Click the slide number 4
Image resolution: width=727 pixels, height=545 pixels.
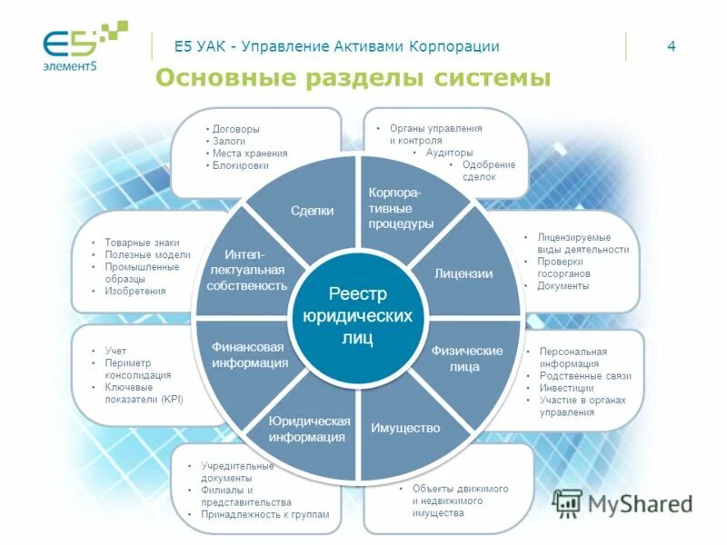pos(672,47)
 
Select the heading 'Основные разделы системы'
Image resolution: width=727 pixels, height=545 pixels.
pos(353,78)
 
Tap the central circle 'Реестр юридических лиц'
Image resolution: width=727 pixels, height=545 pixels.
pos(357,315)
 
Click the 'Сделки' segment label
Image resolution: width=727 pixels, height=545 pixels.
pos(312,211)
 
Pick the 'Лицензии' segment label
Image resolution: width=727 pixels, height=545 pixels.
pos(463,273)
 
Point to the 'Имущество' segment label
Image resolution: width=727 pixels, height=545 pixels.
pos(405,428)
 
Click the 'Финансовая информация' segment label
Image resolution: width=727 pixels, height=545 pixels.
pos(249,355)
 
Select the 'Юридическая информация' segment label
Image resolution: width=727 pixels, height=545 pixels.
pos(309,429)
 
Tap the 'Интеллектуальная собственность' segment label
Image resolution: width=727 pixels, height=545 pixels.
pos(246,270)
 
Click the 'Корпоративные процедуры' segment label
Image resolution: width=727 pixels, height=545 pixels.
pos(401,208)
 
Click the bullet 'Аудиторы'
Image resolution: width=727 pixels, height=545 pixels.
pos(449,154)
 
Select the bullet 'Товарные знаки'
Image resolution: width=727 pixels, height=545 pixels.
pos(141,243)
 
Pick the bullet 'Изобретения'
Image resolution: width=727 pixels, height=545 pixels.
pos(135,292)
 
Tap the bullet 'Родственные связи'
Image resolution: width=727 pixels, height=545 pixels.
pos(584,376)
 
